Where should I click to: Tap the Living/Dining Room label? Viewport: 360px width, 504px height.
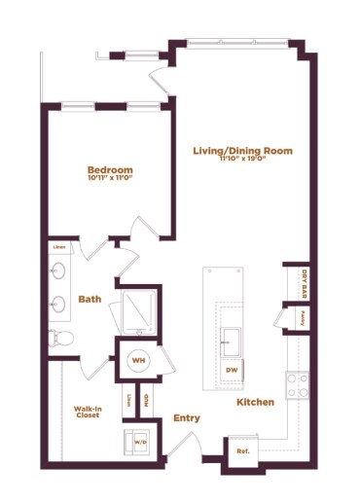(242, 151)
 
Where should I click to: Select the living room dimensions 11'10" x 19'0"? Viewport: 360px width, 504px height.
(242, 161)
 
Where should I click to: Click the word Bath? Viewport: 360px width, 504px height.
(90, 300)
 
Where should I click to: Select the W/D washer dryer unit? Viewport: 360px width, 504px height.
(138, 441)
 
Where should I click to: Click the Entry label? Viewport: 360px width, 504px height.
(187, 418)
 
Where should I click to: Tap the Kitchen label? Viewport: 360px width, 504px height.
(254, 402)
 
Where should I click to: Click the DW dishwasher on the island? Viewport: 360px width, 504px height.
(232, 370)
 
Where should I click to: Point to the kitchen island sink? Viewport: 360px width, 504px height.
(232, 340)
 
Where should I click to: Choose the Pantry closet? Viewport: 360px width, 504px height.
(304, 316)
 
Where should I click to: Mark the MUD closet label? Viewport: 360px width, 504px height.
(146, 399)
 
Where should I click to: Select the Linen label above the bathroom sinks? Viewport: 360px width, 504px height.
(59, 247)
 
